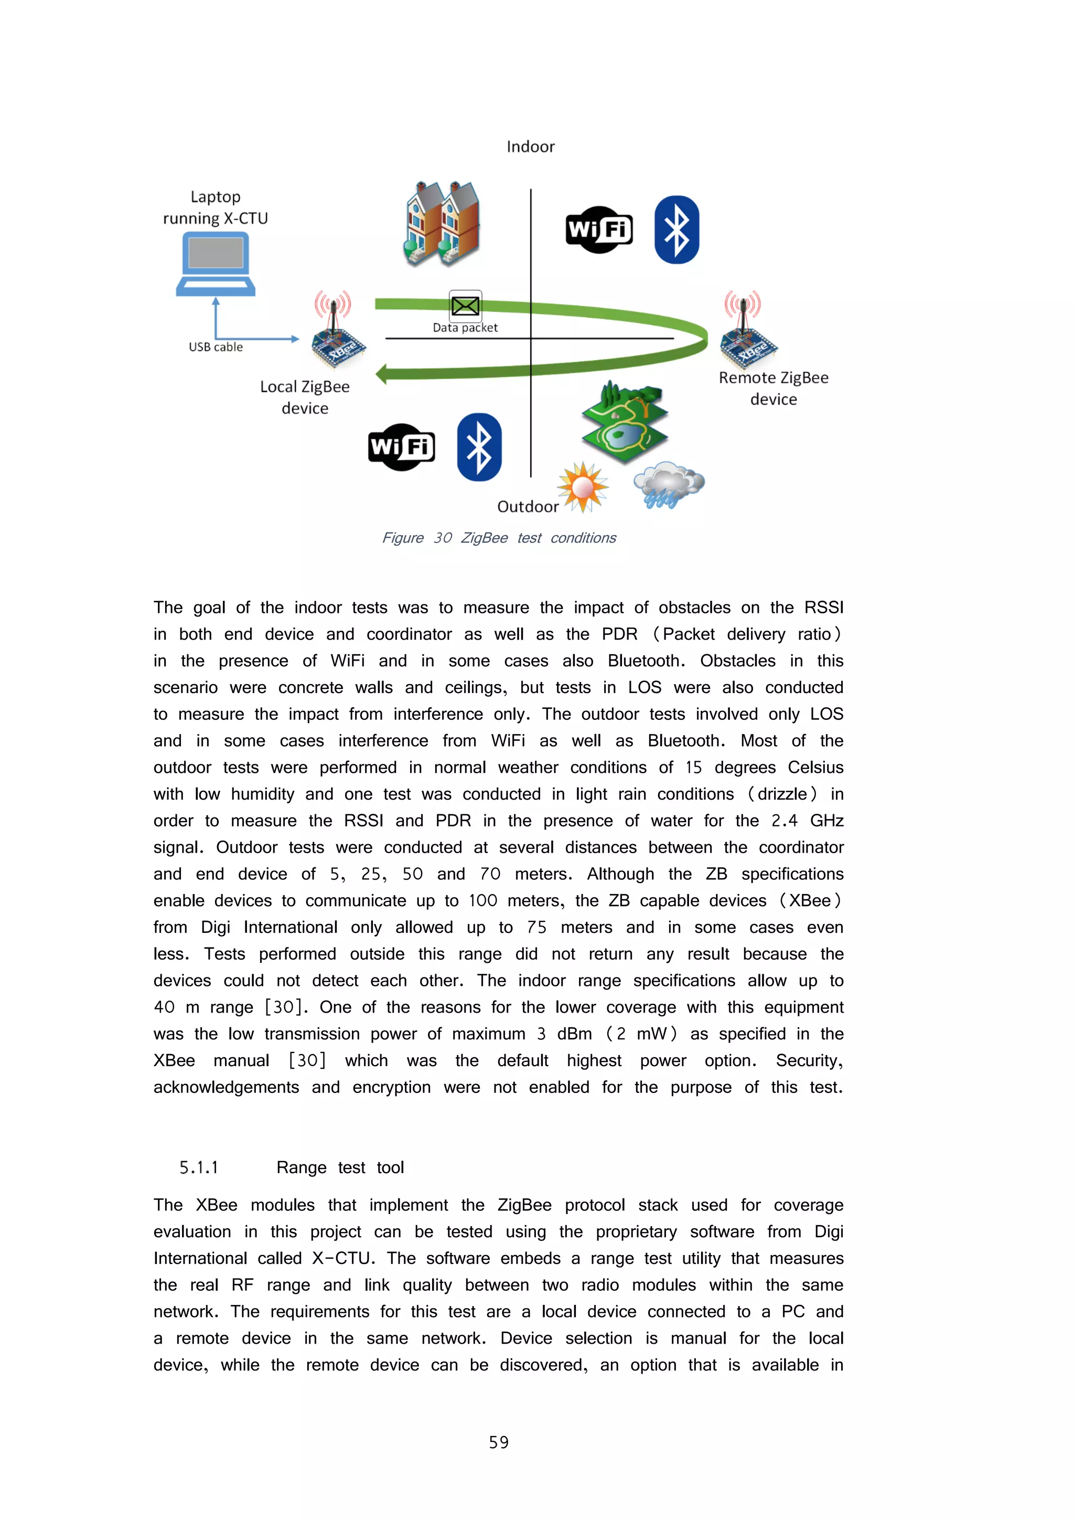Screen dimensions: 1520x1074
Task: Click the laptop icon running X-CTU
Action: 216,263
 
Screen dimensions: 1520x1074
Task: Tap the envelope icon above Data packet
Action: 465,306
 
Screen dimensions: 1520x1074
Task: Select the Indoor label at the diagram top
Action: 530,146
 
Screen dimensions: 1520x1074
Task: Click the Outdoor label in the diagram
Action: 528,506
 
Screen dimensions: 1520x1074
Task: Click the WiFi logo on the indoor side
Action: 599,230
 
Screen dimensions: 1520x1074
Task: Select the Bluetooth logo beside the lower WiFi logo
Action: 479,447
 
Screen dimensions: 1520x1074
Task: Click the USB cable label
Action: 216,347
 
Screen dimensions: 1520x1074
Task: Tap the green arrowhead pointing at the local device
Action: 382,374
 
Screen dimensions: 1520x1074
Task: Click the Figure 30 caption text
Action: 499,538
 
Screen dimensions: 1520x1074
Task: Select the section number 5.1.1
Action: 199,1167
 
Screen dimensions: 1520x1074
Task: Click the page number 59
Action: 499,1442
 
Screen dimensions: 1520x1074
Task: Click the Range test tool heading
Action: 340,1167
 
